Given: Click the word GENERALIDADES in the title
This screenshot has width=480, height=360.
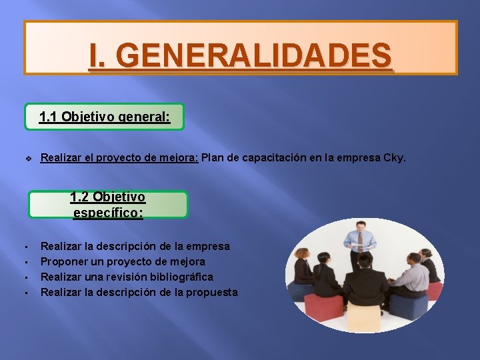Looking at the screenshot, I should (257, 55).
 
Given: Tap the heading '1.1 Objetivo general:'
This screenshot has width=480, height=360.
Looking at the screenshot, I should (104, 117).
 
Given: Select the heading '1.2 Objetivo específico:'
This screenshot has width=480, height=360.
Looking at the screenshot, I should (108, 205).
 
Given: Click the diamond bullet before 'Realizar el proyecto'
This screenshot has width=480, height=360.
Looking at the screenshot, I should (28, 159).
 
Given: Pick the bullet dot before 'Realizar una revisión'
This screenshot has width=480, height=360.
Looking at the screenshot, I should (23, 277).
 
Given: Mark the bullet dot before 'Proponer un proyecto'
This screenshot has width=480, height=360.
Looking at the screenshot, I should (23, 262).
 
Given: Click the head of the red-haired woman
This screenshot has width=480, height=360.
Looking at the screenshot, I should (302, 254).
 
